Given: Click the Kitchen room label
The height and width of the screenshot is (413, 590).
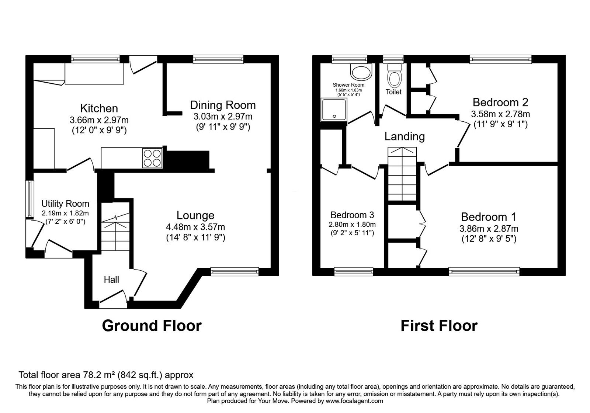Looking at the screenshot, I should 99,108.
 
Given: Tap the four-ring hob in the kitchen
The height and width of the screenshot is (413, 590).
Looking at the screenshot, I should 152,158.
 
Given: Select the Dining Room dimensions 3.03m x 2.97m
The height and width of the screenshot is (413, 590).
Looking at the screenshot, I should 223,117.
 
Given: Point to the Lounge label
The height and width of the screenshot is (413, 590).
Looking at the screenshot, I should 195,215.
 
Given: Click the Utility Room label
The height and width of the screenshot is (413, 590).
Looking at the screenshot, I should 65,204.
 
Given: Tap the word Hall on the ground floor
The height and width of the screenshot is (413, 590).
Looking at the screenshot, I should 111,280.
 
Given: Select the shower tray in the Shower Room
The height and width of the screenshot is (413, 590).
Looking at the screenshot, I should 334,109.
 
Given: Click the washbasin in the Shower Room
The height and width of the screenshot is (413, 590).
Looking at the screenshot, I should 361,72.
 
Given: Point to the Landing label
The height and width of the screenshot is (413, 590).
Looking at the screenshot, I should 405,137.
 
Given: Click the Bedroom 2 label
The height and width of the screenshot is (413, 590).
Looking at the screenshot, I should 500,102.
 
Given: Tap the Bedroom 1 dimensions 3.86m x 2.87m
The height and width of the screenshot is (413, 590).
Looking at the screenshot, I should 489,229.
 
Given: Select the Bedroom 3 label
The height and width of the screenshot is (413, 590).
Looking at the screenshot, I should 352,215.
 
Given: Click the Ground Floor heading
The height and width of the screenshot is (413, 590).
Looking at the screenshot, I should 152,326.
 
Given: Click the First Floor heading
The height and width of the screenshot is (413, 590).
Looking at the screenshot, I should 439,326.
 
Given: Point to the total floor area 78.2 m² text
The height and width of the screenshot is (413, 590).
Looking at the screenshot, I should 106,375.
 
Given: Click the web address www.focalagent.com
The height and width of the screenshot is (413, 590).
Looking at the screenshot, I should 354,401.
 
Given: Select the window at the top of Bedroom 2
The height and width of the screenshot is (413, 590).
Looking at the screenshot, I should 500,58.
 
